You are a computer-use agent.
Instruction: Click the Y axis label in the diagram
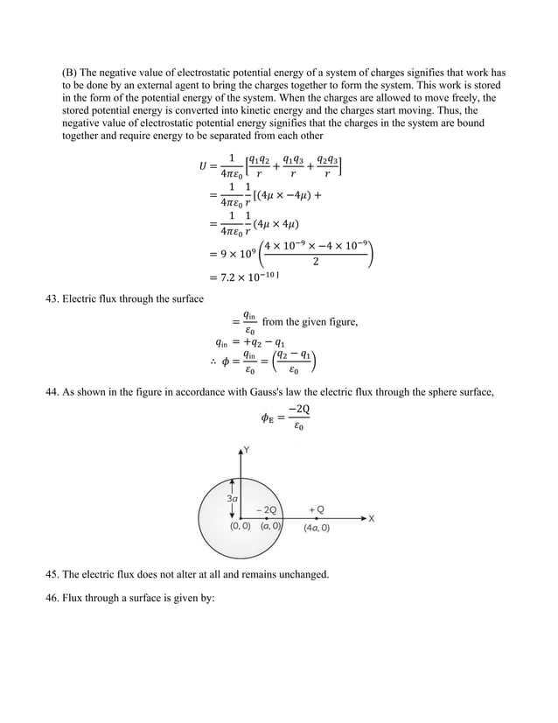(x=248, y=450)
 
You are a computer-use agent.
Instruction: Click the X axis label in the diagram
(x=371, y=518)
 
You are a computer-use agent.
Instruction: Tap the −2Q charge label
(x=266, y=509)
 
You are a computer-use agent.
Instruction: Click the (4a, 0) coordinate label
(x=317, y=529)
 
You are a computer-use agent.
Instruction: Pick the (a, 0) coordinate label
(x=270, y=527)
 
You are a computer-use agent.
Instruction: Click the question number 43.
(x=52, y=299)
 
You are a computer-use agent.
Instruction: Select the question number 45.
(x=52, y=574)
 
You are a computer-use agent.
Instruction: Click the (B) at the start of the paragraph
(x=69, y=74)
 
